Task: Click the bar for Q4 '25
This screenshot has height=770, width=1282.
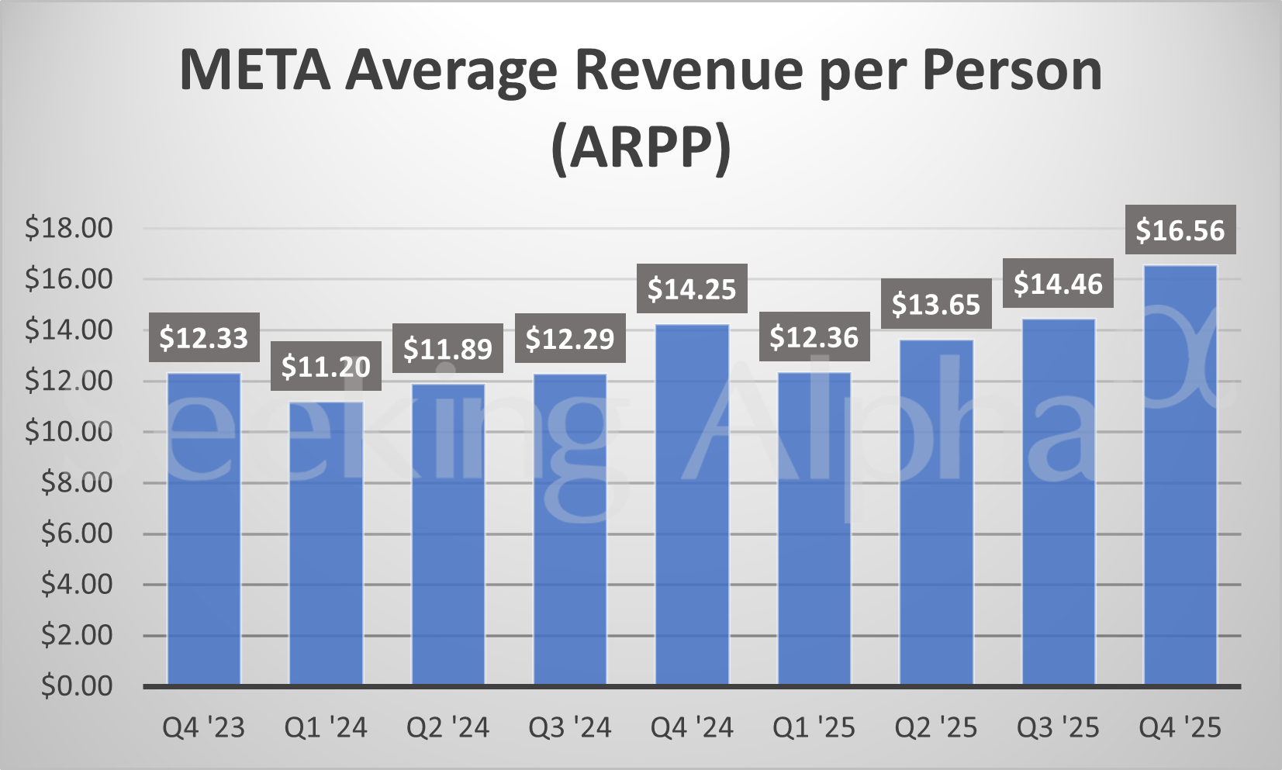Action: (x=1180, y=475)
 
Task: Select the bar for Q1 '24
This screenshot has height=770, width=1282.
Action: (x=326, y=543)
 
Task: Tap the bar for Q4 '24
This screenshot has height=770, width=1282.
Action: (x=692, y=504)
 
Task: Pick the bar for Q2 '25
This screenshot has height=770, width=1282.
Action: (x=936, y=512)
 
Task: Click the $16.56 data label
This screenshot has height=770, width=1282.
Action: (x=1180, y=230)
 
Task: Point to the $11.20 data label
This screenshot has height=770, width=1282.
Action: (x=326, y=366)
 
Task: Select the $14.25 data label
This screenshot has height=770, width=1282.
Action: (x=692, y=289)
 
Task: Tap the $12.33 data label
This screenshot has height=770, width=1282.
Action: (x=203, y=338)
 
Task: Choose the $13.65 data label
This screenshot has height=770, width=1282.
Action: (x=936, y=304)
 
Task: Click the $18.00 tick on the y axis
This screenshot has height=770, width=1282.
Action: (x=69, y=228)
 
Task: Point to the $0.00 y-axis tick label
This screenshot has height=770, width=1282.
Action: (x=77, y=686)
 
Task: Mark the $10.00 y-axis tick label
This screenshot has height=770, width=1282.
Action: (x=69, y=432)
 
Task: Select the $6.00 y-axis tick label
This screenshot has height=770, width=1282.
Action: (x=77, y=533)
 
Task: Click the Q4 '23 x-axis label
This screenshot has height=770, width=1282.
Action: (x=203, y=728)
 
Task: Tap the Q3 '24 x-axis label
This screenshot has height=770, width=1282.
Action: (x=570, y=728)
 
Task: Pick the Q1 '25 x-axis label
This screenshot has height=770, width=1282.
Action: (x=814, y=728)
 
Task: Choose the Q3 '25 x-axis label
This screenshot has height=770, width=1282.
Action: (x=1058, y=728)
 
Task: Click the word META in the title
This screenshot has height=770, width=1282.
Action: (x=254, y=71)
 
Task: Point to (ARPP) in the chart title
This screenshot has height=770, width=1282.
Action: (x=641, y=147)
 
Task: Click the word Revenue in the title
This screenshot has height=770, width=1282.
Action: (x=689, y=71)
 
